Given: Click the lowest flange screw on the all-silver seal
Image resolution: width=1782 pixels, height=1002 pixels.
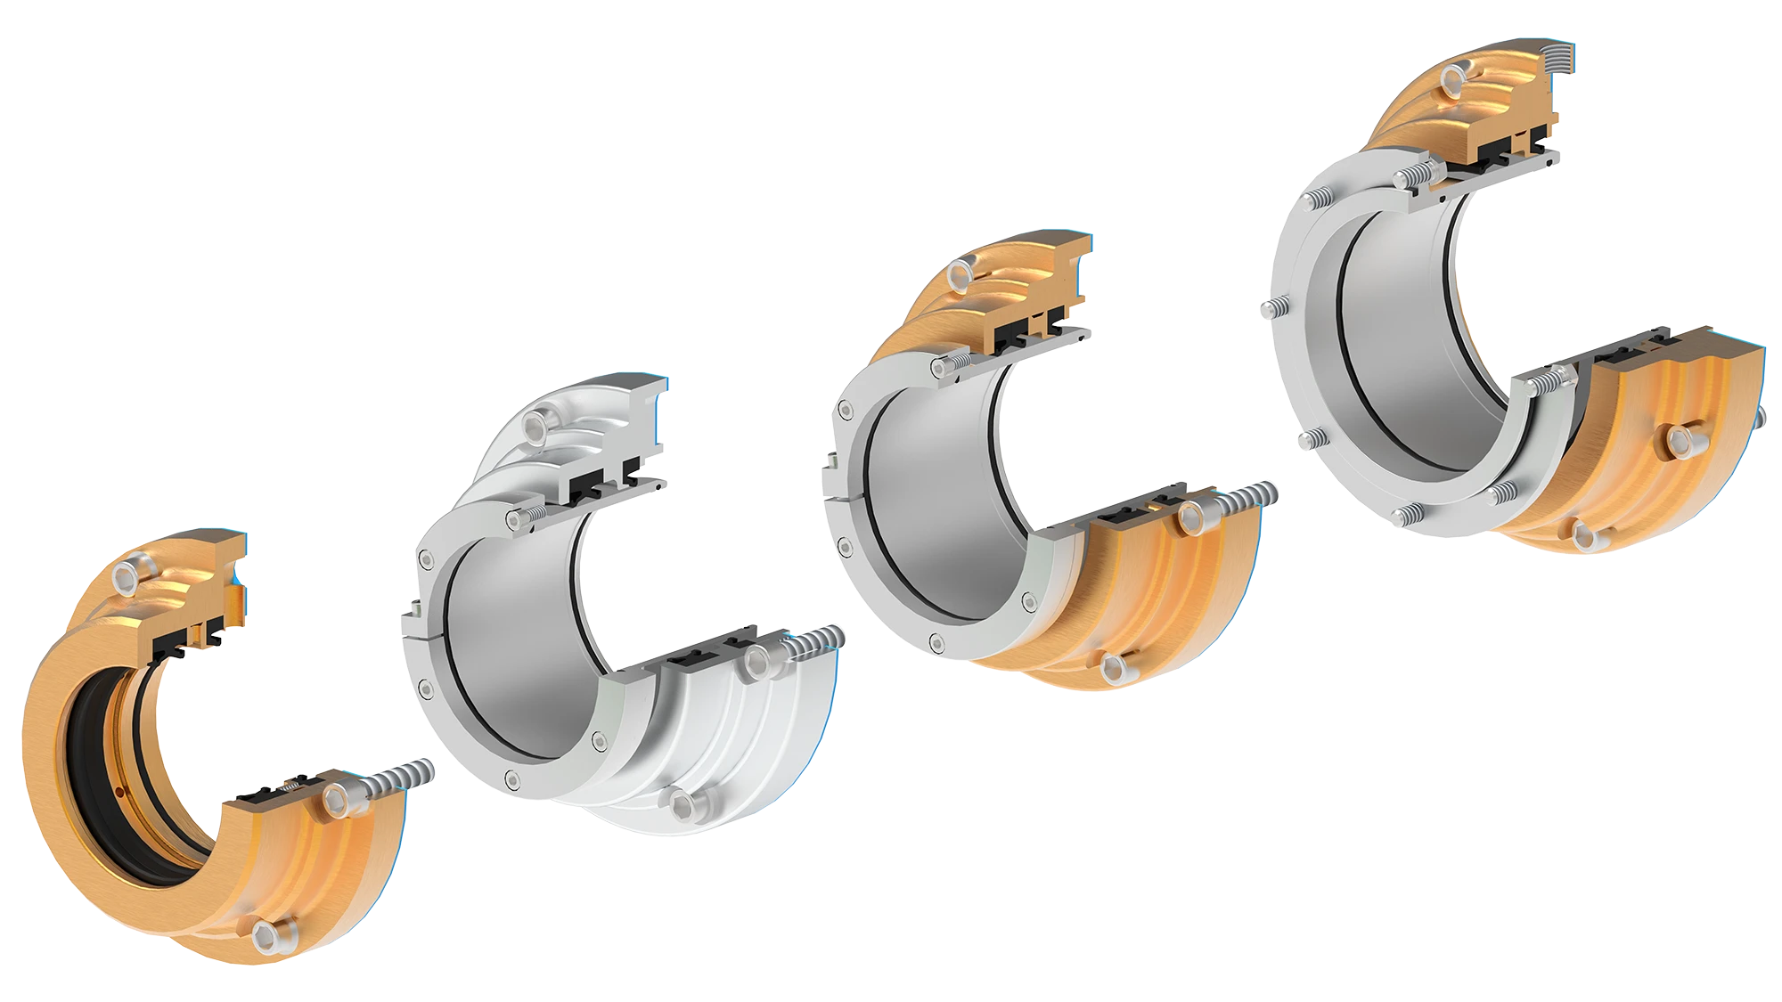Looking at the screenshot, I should (x=511, y=778).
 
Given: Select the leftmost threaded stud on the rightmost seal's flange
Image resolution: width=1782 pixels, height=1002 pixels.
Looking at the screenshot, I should (x=1268, y=308).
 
